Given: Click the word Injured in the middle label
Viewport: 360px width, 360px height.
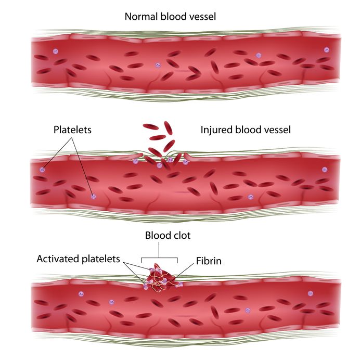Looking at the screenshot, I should coord(216,129).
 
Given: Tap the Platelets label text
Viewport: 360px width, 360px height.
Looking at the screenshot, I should coord(72,130).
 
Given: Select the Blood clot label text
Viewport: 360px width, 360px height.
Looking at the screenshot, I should coord(168,235).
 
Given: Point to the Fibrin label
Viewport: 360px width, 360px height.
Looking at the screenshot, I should coord(209,260).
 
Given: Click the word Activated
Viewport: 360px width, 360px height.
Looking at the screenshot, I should coord(58,259).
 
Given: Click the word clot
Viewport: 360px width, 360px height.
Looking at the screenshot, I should coord(181,235).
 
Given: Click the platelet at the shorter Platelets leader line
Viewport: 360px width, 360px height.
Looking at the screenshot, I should coord(42,170).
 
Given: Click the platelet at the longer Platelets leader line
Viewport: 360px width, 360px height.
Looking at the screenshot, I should coord(94,196).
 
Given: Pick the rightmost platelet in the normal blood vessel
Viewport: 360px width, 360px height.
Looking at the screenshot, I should coord(327,50).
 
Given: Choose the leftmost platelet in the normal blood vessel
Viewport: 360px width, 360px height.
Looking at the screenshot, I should coord(55,51).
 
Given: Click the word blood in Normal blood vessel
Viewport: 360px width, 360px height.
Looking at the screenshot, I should coord(171,17).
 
